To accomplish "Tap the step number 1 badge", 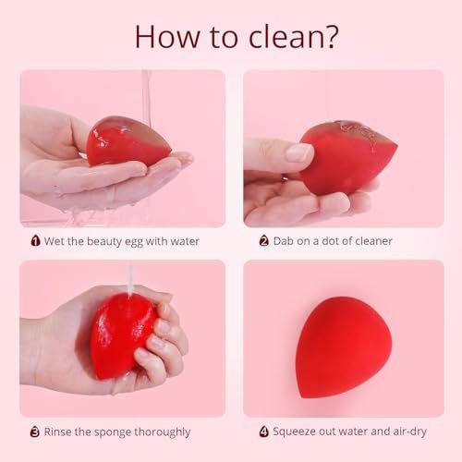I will tap(36, 241).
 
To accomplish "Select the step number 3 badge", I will tap(36, 432).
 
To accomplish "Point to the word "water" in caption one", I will tap(181, 241).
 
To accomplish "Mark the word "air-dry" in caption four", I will tap(408, 432).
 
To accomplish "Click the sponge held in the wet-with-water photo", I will tap(124, 140).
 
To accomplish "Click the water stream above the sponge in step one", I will tap(146, 92).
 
